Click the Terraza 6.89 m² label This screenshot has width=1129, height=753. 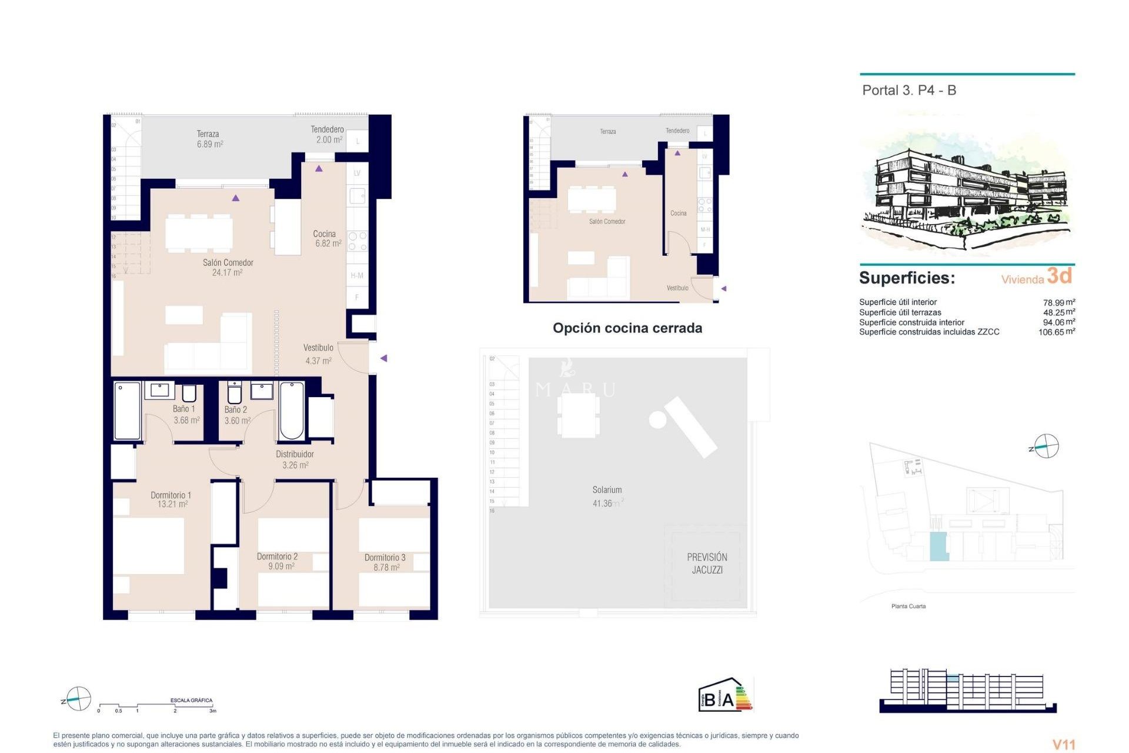tap(209, 139)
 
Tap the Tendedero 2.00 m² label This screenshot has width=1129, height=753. tap(328, 135)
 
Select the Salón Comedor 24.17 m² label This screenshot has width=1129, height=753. tap(228, 268)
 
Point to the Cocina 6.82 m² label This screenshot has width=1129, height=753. tap(326, 238)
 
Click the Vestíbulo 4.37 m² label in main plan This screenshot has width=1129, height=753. tap(318, 354)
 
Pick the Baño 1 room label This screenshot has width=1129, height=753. tap(185, 414)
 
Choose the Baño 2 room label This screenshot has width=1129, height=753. tap(236, 415)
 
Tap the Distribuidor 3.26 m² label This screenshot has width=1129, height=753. tap(295, 459)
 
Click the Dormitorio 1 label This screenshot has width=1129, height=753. tap(171, 499)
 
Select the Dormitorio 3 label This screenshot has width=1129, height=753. tap(385, 562)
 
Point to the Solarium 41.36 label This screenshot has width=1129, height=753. tap(607, 497)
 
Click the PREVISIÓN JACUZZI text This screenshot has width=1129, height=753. tap(707, 563)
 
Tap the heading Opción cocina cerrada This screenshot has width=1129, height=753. tap(627, 328)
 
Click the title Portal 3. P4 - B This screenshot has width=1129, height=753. tap(908, 91)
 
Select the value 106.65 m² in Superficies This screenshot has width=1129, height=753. tap(1056, 332)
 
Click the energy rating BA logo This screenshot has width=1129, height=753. tap(725, 696)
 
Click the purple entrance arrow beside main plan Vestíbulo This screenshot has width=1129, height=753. tap(383, 358)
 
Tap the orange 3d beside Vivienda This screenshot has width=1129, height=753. tap(1060, 275)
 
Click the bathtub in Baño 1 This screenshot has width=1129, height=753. tap(127, 411)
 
